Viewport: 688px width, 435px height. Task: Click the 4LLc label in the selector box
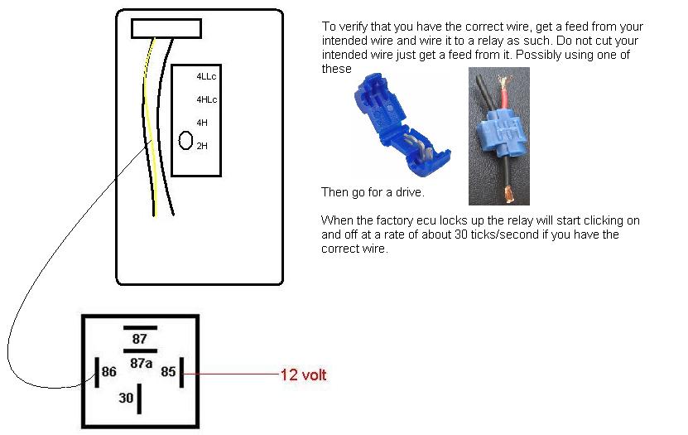click(206, 76)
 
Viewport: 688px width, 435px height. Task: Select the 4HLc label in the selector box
click(207, 99)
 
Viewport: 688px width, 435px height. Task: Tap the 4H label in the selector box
click(202, 123)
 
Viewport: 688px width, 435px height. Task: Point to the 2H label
click(202, 146)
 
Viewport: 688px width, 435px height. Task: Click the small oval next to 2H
click(185, 141)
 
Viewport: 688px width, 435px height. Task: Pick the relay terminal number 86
click(108, 372)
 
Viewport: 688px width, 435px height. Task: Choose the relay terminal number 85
click(168, 372)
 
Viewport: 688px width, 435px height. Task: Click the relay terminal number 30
click(126, 398)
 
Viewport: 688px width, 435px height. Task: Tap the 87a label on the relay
click(142, 363)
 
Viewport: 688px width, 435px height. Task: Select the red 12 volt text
click(303, 375)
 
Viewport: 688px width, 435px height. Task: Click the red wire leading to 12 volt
click(232, 374)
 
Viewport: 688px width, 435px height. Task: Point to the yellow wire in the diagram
click(150, 128)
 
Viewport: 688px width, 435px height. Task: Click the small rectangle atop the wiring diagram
click(166, 28)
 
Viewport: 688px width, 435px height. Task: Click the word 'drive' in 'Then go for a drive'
click(409, 192)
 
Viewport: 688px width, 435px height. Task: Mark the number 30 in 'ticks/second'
click(460, 234)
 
